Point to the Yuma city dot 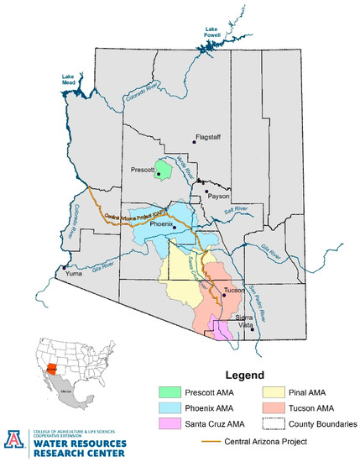point(64,269)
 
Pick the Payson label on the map point(218,195)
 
